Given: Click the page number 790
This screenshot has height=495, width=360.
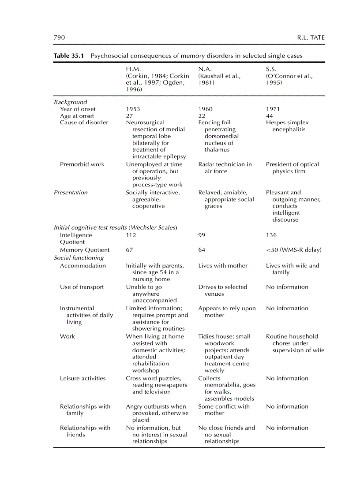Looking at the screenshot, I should (59, 37).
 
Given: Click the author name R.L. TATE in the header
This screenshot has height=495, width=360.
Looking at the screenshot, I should (311, 37).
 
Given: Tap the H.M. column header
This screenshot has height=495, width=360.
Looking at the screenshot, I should (134, 69).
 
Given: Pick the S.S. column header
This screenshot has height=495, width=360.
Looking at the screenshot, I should (272, 69).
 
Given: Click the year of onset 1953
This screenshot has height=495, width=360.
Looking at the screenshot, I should (133, 109).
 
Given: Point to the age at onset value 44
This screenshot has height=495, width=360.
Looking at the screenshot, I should (270, 116).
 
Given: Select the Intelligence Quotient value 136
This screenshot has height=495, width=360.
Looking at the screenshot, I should (271, 235).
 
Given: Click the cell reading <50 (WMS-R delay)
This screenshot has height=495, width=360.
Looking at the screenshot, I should (293, 250).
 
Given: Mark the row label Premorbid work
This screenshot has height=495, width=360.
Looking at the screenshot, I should (82, 164).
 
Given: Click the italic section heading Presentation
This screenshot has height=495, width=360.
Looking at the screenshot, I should (71, 193).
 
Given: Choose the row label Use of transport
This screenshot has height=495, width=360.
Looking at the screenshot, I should (82, 287).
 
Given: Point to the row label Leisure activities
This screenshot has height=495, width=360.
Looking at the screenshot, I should (83, 378).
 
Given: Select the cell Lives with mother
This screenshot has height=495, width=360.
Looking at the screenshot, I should (223, 266).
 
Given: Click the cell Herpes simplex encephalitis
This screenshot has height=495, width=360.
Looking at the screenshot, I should (287, 126).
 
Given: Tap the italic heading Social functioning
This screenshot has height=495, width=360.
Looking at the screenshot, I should (79, 258).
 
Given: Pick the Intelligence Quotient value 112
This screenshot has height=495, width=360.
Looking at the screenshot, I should (131, 235).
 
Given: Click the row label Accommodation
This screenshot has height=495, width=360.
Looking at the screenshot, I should (83, 266).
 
